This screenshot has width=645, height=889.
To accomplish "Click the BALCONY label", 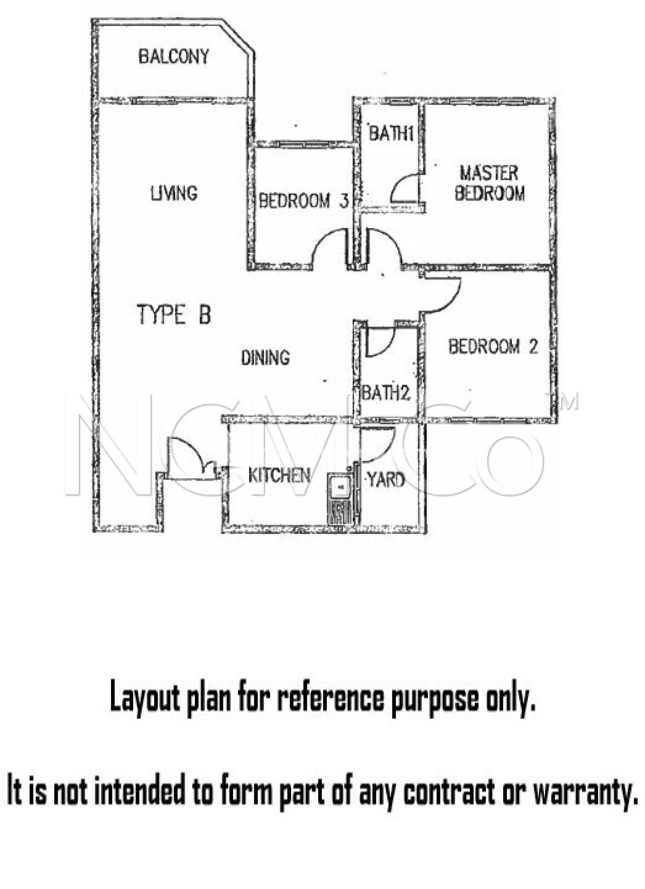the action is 174,56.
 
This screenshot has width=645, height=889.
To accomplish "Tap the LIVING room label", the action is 174,193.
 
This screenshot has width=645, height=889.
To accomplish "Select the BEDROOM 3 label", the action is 303,201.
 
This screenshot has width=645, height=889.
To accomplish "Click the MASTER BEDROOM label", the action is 490,183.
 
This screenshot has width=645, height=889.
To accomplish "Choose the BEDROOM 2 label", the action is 493,346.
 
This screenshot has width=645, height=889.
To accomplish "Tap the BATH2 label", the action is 386,393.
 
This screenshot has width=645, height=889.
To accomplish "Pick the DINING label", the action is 265,357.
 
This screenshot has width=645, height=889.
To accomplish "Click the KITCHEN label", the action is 279,475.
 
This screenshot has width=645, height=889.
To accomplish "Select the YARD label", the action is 386,480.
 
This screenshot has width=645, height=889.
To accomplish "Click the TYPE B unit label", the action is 174,314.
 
